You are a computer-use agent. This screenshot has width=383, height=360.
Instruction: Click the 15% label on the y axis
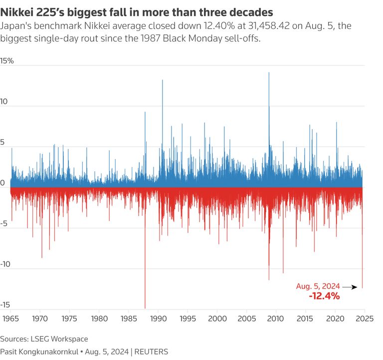pyautogui.click(x=7, y=61)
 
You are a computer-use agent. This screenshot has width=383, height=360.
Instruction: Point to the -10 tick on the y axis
pyautogui.click(x=5, y=265)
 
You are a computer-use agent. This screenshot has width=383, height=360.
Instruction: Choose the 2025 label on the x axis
pyautogui.click(x=364, y=318)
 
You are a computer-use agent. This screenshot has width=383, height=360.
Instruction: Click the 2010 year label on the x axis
pyautogui.click(x=276, y=318)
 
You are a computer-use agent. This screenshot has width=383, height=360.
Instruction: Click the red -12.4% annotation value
pyautogui.click(x=324, y=296)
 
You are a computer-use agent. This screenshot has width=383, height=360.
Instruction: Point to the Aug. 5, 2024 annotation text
pyautogui.click(x=318, y=286)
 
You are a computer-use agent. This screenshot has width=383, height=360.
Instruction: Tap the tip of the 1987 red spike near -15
pyautogui.click(x=145, y=308)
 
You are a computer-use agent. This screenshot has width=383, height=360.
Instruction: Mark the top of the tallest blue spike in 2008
pyautogui.click(x=269, y=73)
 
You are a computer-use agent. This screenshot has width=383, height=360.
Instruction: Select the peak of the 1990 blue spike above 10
pyautogui.click(x=162, y=80)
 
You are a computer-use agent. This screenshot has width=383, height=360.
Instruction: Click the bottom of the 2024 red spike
pyautogui.click(x=362, y=288)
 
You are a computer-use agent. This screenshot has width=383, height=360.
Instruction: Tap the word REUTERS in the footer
pyautogui.click(x=151, y=351)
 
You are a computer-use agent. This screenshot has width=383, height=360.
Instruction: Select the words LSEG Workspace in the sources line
pyautogui.click(x=59, y=339)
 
